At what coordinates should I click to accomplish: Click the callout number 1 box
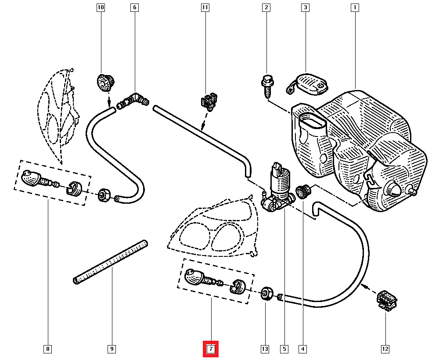tap(354, 7)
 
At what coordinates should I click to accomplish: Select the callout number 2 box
tap(266, 7)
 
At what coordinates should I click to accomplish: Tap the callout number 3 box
tap(304, 7)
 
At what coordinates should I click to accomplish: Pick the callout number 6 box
tap(134, 7)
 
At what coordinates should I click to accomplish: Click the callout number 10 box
tap(101, 7)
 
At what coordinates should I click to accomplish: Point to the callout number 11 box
tap(205, 7)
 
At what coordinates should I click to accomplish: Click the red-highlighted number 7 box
tap(210, 349)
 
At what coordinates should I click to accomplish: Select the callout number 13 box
tap(265, 349)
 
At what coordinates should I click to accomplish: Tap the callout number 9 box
tap(112, 349)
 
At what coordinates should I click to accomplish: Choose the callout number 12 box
tap(385, 349)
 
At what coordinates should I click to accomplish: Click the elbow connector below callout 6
tap(133, 100)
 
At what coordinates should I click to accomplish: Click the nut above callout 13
tap(266, 293)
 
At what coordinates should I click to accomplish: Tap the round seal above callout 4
tap(302, 191)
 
